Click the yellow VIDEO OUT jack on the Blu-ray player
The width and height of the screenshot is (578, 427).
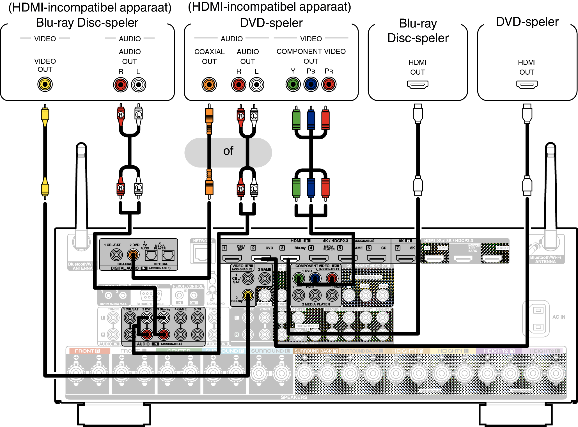pyautogui.click(x=45, y=84)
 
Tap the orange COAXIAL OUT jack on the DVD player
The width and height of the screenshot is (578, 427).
pyautogui.click(x=209, y=84)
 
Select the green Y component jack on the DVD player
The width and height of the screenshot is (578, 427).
pyautogui.click(x=293, y=84)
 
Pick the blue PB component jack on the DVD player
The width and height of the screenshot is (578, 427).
pyautogui.click(x=311, y=84)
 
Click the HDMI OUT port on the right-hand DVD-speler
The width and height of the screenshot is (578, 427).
pyautogui.click(x=527, y=84)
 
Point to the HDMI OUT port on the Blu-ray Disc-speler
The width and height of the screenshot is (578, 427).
pyautogui.click(x=418, y=84)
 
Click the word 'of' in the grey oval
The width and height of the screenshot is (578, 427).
pyautogui.click(x=228, y=151)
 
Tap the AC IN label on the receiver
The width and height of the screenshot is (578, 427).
pyautogui.click(x=559, y=317)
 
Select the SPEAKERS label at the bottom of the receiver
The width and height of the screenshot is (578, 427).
pyautogui.click(x=294, y=397)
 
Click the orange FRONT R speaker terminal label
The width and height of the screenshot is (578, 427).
pyautogui.click(x=87, y=351)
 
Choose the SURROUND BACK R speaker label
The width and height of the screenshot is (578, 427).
pyautogui.click(x=316, y=351)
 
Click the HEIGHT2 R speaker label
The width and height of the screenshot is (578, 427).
pyautogui.click(x=499, y=351)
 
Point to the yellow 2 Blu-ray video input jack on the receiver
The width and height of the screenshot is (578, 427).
pyautogui.click(x=248, y=295)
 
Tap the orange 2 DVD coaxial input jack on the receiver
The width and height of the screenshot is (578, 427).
pyautogui.click(x=133, y=255)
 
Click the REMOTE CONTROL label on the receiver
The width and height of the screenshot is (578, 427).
pyautogui.click(x=188, y=286)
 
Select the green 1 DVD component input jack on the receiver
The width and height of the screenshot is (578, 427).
pyautogui.click(x=298, y=278)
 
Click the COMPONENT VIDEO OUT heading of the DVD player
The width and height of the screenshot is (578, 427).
pyautogui.click(x=311, y=56)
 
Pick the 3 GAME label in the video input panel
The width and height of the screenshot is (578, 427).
pyautogui.click(x=265, y=269)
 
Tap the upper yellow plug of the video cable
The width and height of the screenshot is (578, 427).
pyautogui.click(x=45, y=115)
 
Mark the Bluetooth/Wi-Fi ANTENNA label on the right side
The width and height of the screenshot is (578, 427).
pyautogui.click(x=545, y=260)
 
